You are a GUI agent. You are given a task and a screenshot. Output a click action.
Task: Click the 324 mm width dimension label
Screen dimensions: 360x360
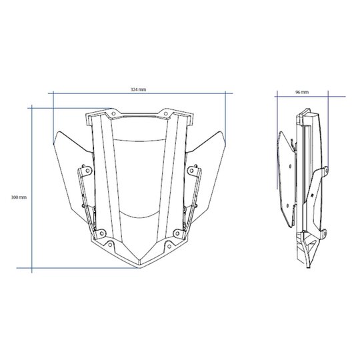coord(138,89)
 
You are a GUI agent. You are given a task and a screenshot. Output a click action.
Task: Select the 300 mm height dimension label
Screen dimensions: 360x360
coord(19,197)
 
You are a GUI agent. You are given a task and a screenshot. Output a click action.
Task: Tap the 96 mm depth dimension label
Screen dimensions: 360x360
coord(302,92)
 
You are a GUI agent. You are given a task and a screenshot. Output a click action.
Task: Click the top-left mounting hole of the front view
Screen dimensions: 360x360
coord(113,113)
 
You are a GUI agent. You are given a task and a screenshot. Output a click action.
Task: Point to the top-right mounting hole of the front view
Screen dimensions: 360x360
coord(165,113)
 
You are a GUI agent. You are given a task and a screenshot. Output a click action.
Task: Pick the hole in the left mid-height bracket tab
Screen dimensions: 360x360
coord(88,171)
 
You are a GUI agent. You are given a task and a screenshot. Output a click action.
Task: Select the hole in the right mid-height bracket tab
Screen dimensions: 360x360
coord(191,171)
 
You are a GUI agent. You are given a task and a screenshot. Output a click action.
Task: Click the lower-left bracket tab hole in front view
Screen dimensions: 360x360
coord(102,233)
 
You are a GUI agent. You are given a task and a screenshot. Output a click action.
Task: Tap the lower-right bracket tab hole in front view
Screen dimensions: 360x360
coord(177,233)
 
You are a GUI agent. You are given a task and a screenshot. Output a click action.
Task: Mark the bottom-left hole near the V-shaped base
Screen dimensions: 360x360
coord(110,245)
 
